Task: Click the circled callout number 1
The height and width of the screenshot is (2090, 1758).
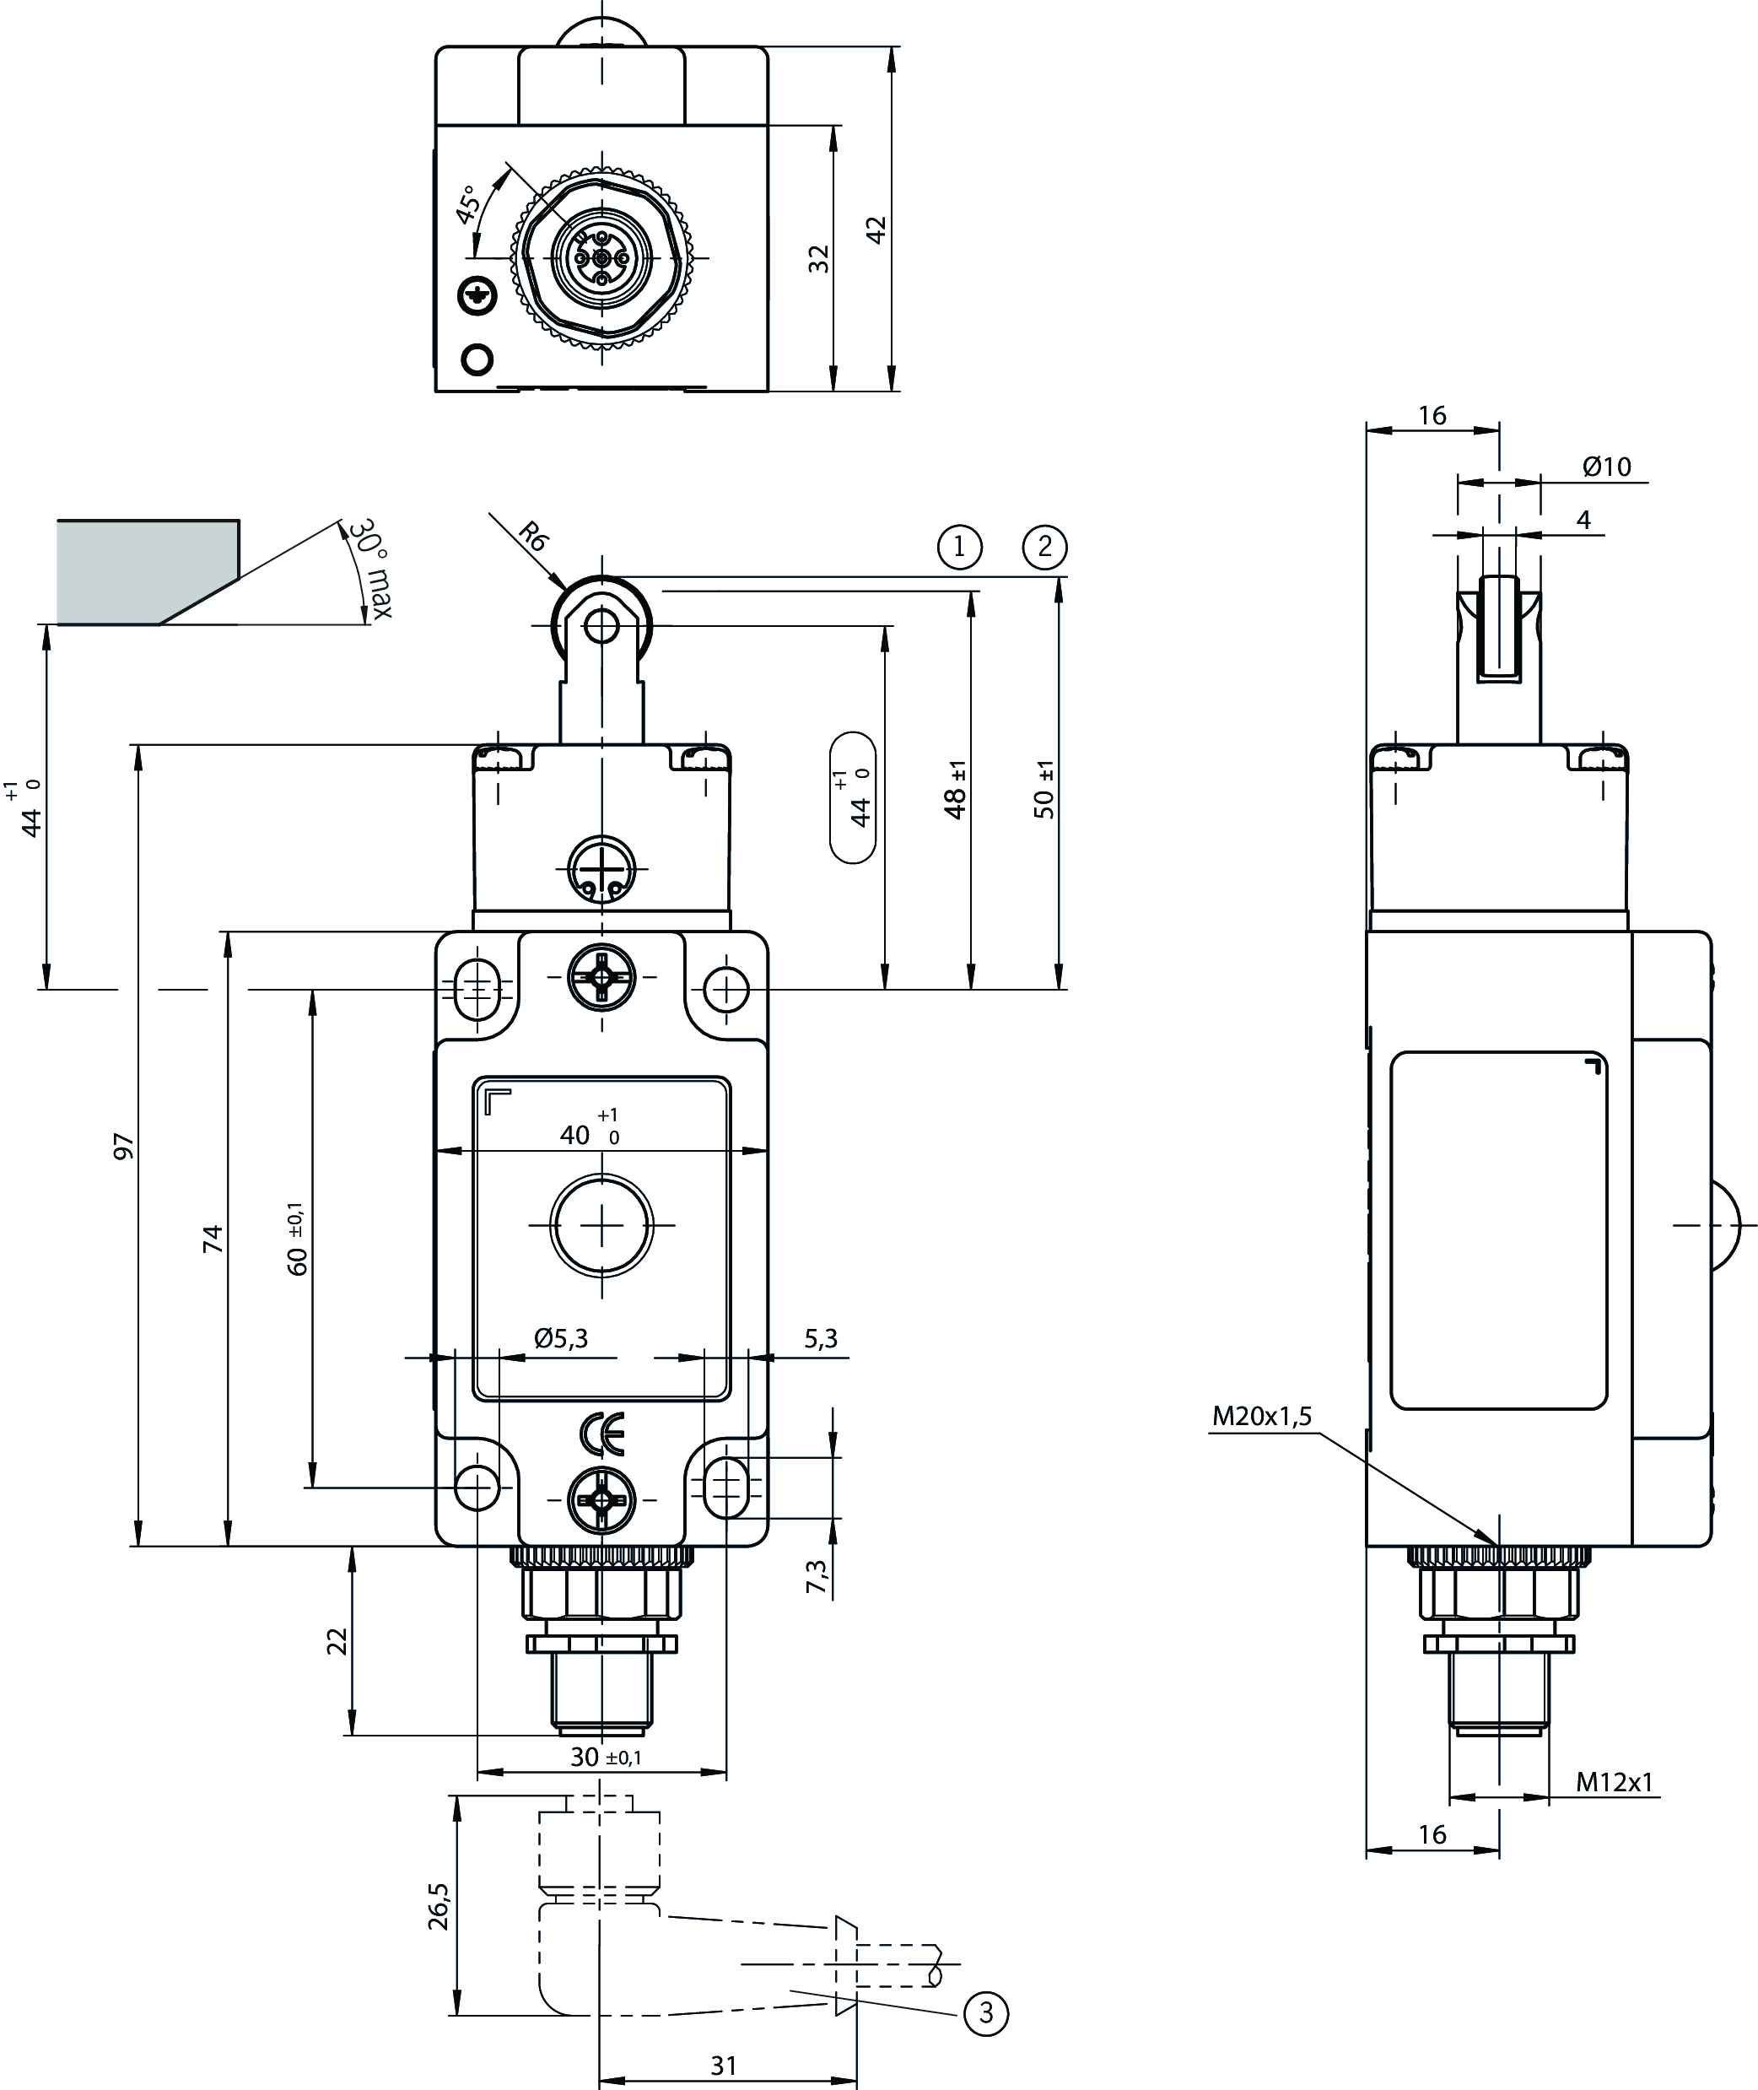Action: (959, 546)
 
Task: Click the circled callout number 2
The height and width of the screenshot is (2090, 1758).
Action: (1044, 546)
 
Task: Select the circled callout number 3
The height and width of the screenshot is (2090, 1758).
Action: (985, 2013)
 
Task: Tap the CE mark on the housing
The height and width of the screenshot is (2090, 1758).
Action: (602, 1434)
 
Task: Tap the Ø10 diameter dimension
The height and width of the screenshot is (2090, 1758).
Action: (1606, 466)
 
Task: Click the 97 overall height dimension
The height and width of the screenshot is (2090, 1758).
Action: (123, 1146)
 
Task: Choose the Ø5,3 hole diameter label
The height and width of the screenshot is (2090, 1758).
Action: (561, 1338)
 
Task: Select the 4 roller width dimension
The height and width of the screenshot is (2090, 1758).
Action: (1583, 519)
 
